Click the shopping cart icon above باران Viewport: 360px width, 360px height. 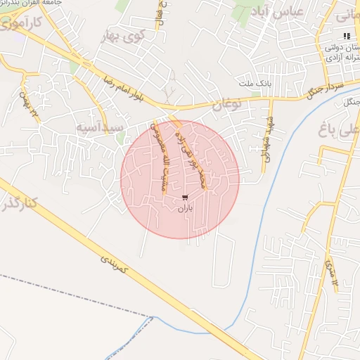[x=185, y=197]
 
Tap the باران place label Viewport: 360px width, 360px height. [x=185, y=207]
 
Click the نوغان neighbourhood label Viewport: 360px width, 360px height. [x=226, y=105]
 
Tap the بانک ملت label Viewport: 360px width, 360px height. [x=256, y=84]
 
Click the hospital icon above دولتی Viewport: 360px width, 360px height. [x=346, y=36]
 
